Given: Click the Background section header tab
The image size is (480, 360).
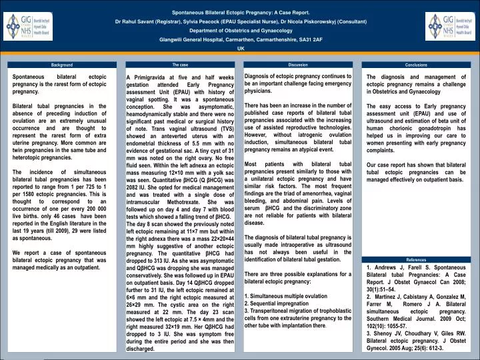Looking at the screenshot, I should (x=62, y=65).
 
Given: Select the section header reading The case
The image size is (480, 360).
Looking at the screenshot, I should (x=180, y=65).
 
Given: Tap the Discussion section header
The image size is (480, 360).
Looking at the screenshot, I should (x=298, y=65).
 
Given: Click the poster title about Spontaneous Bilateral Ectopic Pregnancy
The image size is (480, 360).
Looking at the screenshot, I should (x=241, y=12).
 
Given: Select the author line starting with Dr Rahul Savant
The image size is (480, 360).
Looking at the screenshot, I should (x=241, y=21).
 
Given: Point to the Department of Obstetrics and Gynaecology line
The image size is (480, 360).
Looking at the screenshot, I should (x=241, y=31).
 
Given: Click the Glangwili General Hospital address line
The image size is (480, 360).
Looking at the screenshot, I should (x=241, y=40).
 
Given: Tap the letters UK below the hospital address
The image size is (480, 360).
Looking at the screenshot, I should (x=241, y=49).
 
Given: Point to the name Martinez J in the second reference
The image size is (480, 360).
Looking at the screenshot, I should (x=393, y=298).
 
